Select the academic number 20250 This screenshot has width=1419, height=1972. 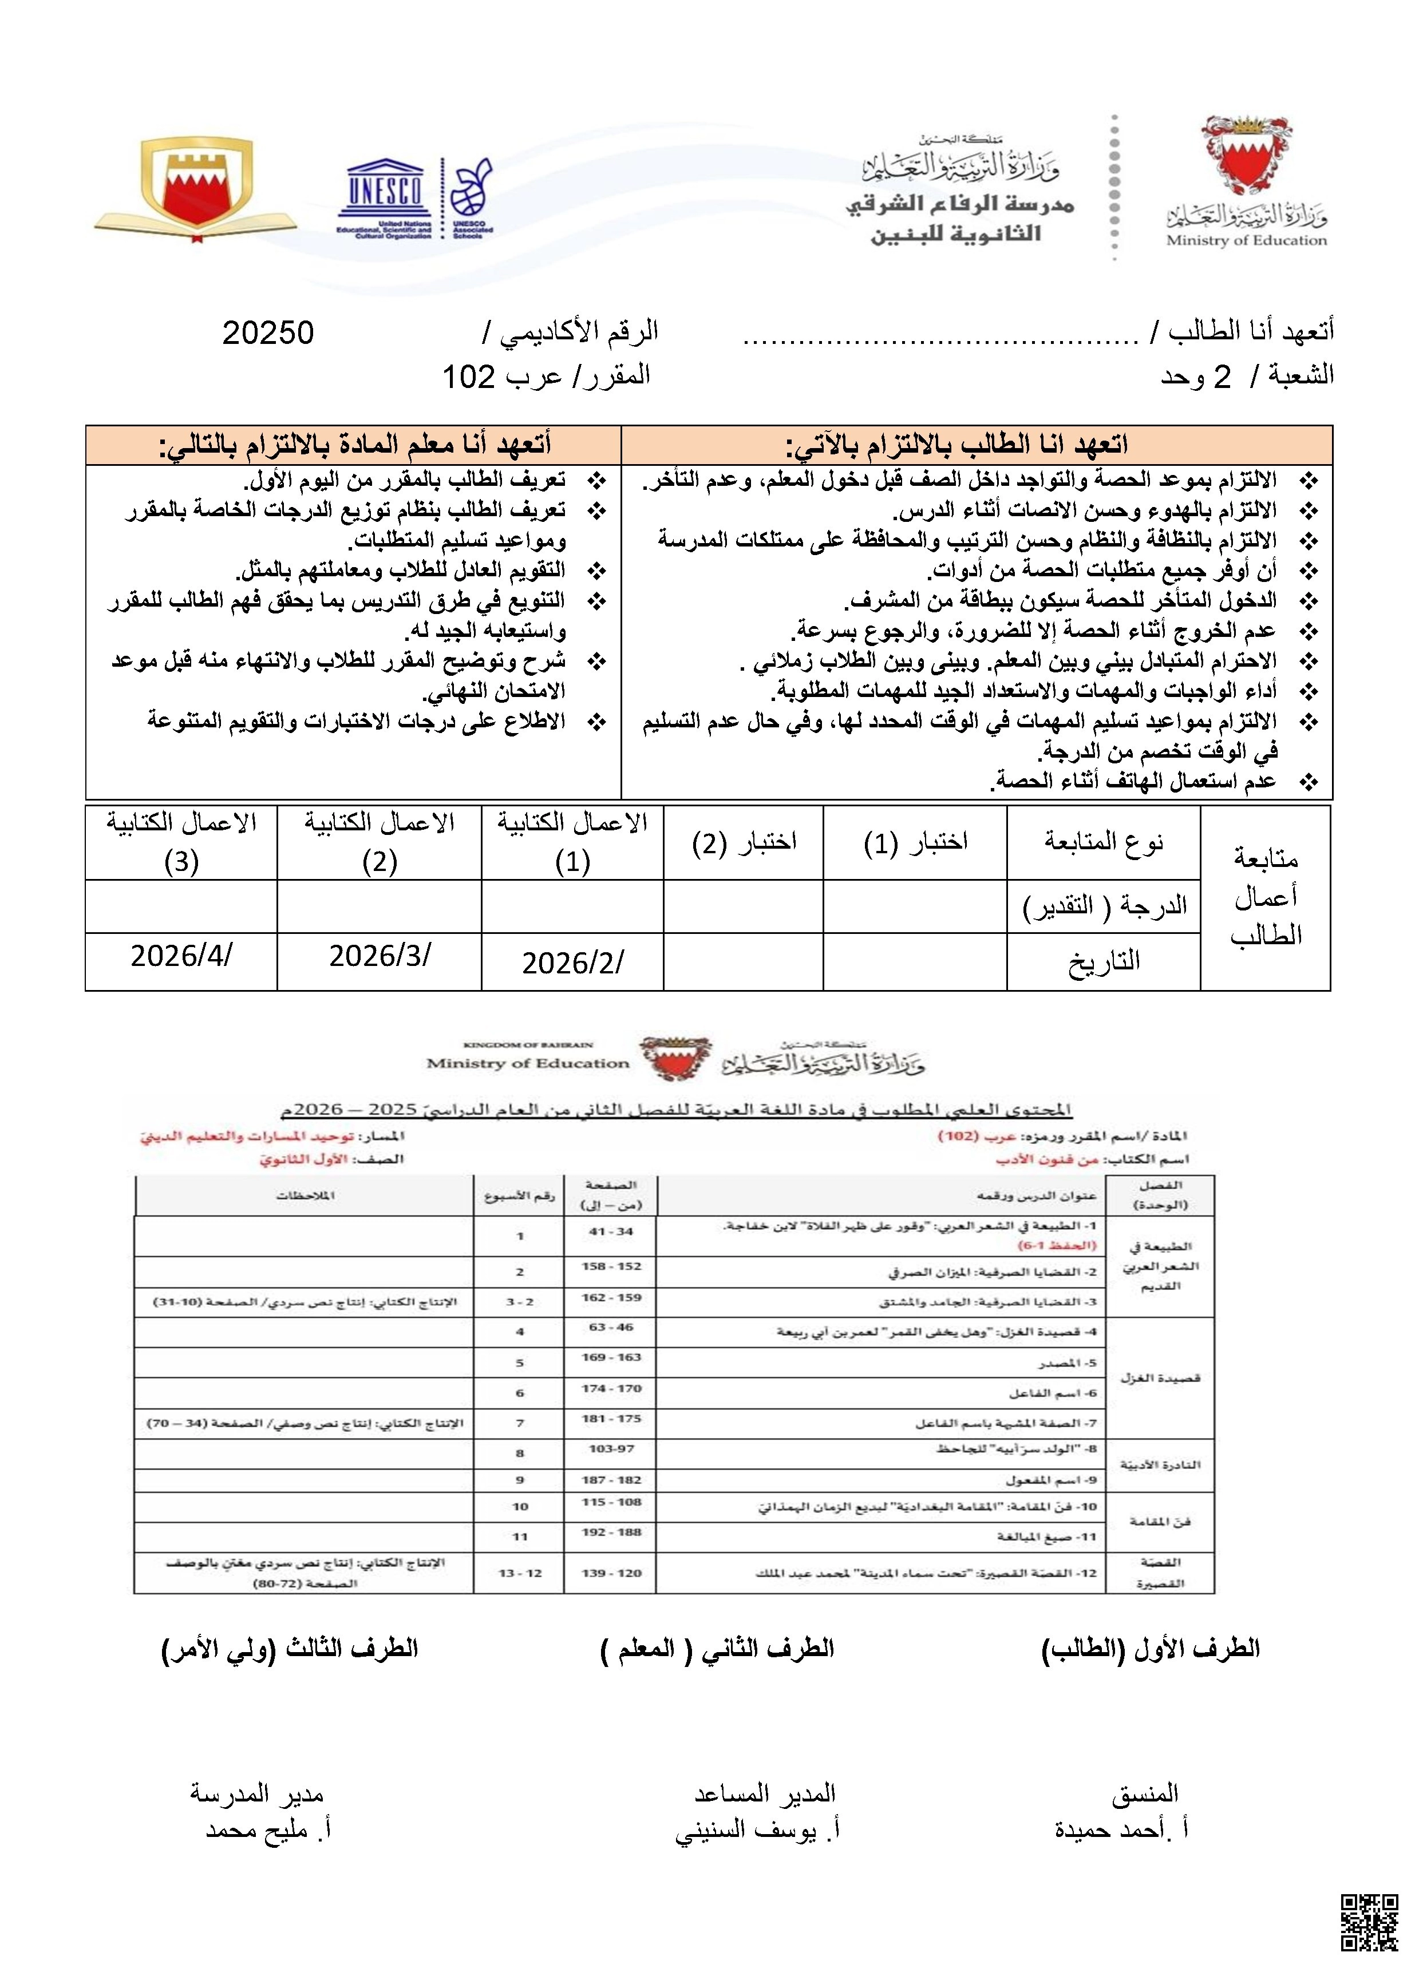(x=268, y=333)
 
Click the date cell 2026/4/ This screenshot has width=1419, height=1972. (x=181, y=956)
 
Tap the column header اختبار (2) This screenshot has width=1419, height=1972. (x=744, y=842)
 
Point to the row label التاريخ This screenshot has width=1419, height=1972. (x=1104, y=961)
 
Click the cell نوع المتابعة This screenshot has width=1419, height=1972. (x=1104, y=842)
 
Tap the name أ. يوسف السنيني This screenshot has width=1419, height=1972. (x=757, y=1830)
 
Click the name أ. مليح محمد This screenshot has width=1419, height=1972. (x=268, y=1830)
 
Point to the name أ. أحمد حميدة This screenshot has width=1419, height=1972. (x=1122, y=1830)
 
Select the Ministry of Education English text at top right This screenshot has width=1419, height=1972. (x=1246, y=241)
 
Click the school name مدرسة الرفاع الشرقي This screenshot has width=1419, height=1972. (x=960, y=206)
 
